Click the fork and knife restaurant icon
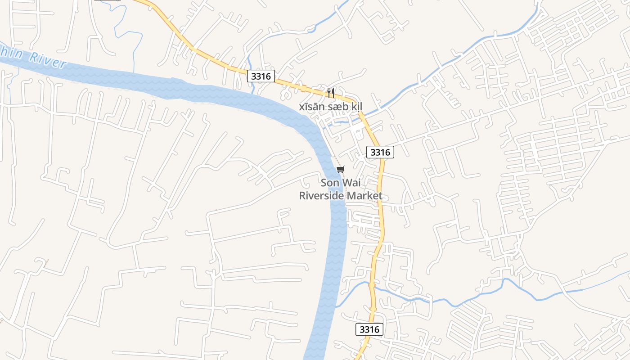(x=331, y=93)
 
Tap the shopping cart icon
(x=341, y=169)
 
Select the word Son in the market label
(x=329, y=183)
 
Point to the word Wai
(x=353, y=183)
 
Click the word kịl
(x=357, y=107)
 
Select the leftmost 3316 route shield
(x=261, y=76)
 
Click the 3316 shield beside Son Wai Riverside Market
(x=380, y=152)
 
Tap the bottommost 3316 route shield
(x=369, y=329)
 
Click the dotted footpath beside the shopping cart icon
(x=335, y=160)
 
